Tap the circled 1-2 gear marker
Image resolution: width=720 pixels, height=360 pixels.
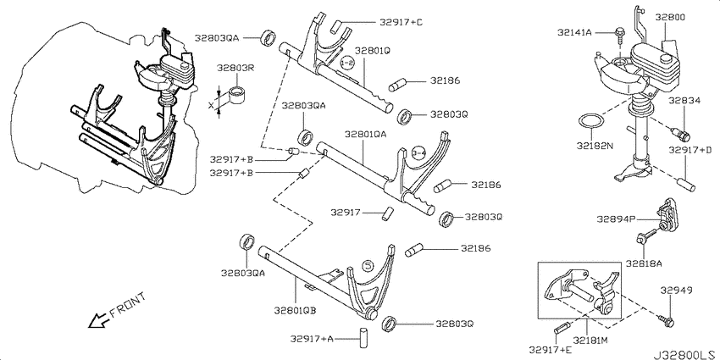click(x=346, y=64)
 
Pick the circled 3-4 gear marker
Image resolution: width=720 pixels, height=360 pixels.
click(x=418, y=152)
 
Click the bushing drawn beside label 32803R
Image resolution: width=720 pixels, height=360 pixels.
click(x=237, y=91)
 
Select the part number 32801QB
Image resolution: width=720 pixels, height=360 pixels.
click(x=294, y=311)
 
